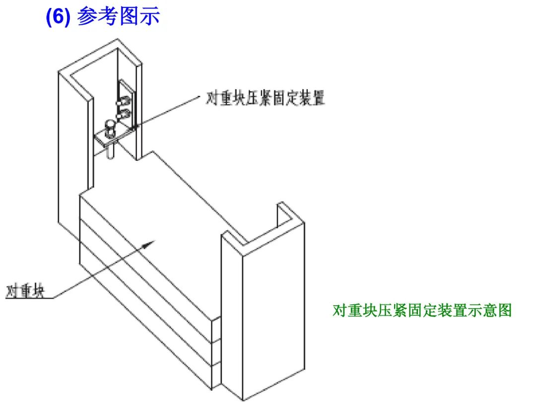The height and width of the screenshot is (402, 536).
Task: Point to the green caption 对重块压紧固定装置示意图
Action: click(x=422, y=311)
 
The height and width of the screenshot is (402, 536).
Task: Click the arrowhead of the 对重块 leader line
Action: click(x=150, y=243)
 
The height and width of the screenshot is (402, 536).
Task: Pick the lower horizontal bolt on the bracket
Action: click(x=122, y=115)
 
